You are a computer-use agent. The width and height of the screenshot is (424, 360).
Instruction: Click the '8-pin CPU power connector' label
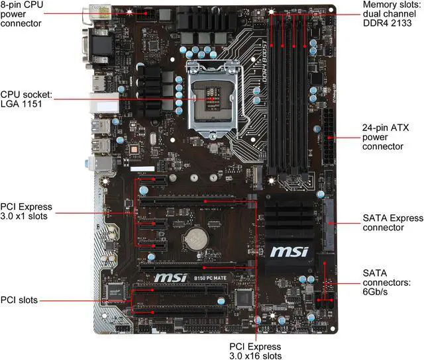pyautogui.click(x=23, y=13)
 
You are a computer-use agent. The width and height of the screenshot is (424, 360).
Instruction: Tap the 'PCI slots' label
pyautogui.click(x=19, y=300)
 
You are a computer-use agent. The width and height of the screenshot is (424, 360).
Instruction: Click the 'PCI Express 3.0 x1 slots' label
pyautogui.click(x=26, y=211)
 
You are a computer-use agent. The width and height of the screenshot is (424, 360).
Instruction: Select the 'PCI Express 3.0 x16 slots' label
pyautogui.click(x=255, y=351)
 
